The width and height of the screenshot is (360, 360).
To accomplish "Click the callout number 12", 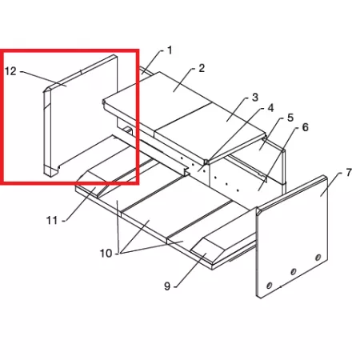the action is click(x=10, y=71).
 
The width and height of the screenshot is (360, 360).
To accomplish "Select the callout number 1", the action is click(x=170, y=50).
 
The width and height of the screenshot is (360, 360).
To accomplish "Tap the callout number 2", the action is click(x=202, y=68).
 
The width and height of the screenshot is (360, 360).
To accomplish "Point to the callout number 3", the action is click(x=255, y=98).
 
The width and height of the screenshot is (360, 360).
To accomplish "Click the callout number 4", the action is click(x=270, y=108).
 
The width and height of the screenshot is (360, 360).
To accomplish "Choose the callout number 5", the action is click(x=290, y=118).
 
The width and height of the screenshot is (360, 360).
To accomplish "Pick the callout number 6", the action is click(x=305, y=127).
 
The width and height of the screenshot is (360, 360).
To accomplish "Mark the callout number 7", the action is click(x=349, y=173).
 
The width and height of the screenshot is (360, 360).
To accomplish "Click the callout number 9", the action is click(x=167, y=286).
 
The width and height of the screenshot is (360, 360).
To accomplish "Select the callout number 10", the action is click(x=106, y=254).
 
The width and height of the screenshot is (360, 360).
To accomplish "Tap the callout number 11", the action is click(x=52, y=221).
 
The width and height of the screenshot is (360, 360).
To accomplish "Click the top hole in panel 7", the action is click(x=318, y=258).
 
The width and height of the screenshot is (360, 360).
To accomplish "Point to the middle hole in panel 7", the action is click(x=293, y=272).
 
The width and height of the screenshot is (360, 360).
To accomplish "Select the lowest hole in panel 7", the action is click(x=269, y=286).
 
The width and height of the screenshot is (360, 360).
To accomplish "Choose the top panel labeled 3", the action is click(x=210, y=127).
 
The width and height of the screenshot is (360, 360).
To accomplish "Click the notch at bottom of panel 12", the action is click(x=58, y=168).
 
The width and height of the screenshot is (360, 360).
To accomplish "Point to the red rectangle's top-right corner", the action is click(x=138, y=50).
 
